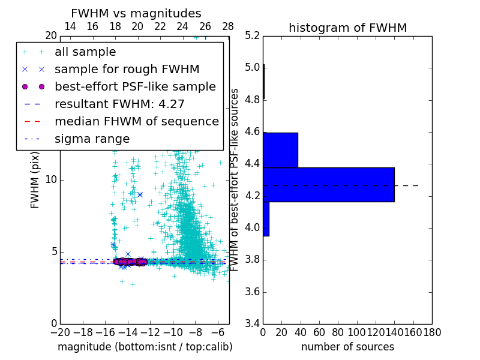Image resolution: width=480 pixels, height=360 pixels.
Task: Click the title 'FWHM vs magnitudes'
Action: click(x=136, y=13)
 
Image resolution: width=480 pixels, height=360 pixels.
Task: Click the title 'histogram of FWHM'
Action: click(x=347, y=28)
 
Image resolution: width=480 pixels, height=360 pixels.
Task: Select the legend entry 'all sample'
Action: click(x=85, y=52)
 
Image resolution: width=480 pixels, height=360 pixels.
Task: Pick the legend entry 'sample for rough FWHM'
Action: click(x=127, y=69)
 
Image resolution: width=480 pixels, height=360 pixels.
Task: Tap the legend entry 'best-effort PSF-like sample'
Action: click(x=135, y=86)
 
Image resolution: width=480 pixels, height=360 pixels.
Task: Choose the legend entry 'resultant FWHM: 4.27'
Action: click(x=119, y=104)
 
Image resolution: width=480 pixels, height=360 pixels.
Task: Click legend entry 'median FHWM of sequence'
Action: click(x=136, y=121)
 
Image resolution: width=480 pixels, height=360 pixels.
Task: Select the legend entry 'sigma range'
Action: click(x=92, y=139)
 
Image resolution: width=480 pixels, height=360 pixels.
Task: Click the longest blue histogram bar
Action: click(x=328, y=185)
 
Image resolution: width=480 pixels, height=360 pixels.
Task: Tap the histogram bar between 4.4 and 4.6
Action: click(x=280, y=150)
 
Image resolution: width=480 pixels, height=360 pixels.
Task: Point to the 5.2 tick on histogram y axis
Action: click(x=253, y=35)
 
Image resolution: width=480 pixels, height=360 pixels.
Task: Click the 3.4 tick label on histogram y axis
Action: click(x=253, y=324)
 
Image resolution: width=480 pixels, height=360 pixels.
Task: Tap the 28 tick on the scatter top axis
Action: click(x=228, y=27)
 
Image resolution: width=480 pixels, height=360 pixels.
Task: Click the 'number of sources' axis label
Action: click(x=347, y=347)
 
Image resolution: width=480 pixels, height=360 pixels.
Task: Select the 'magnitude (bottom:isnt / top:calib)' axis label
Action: click(x=145, y=347)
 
